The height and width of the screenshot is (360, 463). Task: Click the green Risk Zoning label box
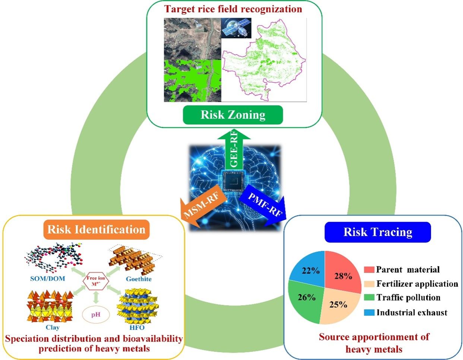[x=233, y=115]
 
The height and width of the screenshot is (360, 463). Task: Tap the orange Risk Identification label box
[x=96, y=229]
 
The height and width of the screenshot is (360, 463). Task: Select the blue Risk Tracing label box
[x=378, y=232]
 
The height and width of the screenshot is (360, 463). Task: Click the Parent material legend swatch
[x=368, y=270]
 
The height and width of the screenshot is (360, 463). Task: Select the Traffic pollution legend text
[x=408, y=298]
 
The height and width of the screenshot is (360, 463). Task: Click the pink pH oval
[x=96, y=314]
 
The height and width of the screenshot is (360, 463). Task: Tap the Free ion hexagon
[x=96, y=281]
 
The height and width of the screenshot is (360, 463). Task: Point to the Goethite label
[x=139, y=279]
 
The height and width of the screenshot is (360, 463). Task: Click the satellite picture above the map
[x=236, y=28]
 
